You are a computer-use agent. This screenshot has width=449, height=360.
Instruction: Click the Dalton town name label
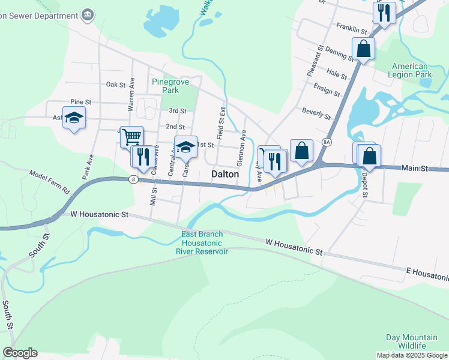[x=225, y=174]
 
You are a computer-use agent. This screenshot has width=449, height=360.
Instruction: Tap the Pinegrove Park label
[x=166, y=86]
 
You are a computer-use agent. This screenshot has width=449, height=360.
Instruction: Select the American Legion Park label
[x=411, y=71]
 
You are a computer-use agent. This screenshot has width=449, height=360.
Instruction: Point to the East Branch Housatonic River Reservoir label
[x=202, y=242]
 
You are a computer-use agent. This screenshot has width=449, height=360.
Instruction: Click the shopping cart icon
[x=131, y=136]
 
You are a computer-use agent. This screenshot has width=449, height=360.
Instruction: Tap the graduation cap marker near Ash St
[x=74, y=118]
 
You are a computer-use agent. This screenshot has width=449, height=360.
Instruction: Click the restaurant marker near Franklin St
[x=384, y=13]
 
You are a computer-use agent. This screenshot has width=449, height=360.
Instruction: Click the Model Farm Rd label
[x=50, y=182]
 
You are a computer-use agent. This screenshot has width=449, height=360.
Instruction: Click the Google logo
[x=20, y=353]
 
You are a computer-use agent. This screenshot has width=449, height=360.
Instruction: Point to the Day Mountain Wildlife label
[x=411, y=341]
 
